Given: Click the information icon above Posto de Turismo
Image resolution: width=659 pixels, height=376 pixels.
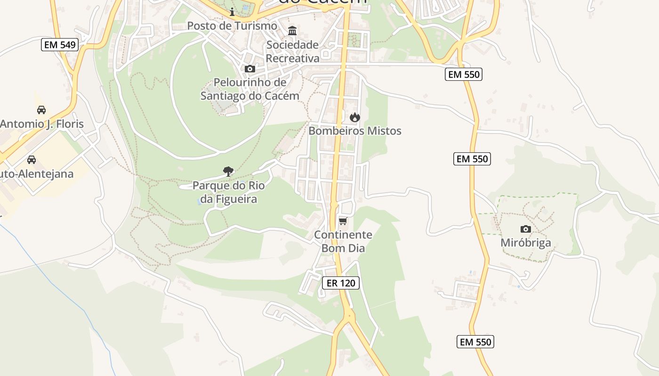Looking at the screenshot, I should tap(232, 12).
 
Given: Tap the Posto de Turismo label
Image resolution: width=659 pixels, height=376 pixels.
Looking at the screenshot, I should tap(232, 25).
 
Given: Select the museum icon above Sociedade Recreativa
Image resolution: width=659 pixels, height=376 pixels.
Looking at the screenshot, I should tap(292, 31).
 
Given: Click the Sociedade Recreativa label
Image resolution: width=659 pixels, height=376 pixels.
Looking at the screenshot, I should tap(292, 52).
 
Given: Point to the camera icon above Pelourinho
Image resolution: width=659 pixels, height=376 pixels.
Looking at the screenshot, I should tap(250, 69).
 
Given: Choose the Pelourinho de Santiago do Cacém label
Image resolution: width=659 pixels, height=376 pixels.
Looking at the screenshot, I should tap(250, 89).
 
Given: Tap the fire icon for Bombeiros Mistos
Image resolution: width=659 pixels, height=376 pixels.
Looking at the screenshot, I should tap(355, 117).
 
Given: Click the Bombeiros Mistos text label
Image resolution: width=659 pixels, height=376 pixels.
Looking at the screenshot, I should tap(355, 131).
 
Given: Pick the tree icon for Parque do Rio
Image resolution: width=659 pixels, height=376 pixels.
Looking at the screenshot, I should tap(228, 172).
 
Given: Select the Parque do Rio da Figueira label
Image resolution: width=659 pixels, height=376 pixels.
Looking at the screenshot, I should tap(229, 192).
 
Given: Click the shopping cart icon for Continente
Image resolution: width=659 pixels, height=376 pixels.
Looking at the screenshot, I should tap(343, 221).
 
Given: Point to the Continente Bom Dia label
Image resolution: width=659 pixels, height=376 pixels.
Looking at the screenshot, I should tap(343, 241).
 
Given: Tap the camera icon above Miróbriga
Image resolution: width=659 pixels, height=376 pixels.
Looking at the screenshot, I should tap(526, 229).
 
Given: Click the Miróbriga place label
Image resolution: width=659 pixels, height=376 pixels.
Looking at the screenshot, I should tap(526, 243).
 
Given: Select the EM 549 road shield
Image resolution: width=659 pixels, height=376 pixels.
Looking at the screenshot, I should tap(59, 45).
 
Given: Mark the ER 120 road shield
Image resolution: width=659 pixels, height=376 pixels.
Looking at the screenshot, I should tap(341, 282).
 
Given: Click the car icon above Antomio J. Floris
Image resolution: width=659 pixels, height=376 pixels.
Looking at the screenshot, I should tap(41, 110).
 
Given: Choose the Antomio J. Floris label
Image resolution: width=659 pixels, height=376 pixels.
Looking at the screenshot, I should tap(42, 124).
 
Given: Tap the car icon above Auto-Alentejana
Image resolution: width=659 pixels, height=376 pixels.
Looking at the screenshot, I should tap(32, 160).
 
